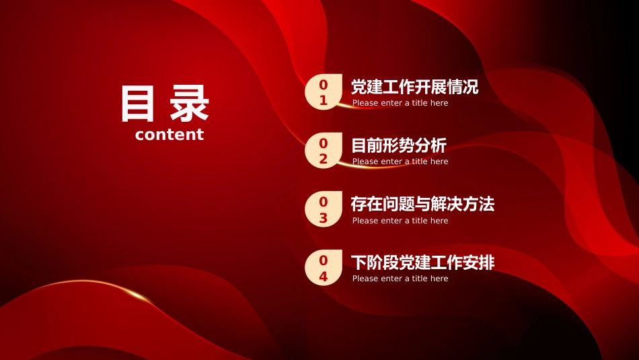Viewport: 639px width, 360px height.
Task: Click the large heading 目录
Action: (165, 104)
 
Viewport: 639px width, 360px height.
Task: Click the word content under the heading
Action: (169, 135)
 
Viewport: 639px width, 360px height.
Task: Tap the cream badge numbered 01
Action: (324, 92)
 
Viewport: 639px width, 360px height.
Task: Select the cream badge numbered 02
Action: (324, 151)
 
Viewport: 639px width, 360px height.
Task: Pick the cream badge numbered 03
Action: (324, 209)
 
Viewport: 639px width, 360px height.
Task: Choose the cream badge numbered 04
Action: (324, 267)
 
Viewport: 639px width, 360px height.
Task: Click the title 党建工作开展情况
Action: (415, 87)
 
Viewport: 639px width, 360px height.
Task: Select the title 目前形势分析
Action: (399, 145)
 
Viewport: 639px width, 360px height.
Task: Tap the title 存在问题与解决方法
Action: (422, 204)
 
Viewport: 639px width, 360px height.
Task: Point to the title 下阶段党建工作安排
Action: (422, 262)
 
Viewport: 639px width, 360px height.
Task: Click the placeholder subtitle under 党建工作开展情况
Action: (400, 103)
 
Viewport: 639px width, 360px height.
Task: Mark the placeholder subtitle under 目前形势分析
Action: (400, 161)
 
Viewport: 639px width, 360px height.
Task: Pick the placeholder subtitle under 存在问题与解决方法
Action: (400, 221)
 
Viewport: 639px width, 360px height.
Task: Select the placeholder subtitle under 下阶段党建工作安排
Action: (400, 279)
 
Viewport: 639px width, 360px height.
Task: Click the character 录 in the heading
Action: (190, 104)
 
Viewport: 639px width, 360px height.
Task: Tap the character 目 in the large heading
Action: (138, 104)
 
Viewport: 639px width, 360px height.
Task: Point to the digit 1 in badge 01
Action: (324, 100)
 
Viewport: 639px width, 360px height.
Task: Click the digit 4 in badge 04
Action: (324, 277)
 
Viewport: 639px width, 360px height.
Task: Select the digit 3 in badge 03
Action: (324, 218)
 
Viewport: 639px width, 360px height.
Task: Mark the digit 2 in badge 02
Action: (324, 159)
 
